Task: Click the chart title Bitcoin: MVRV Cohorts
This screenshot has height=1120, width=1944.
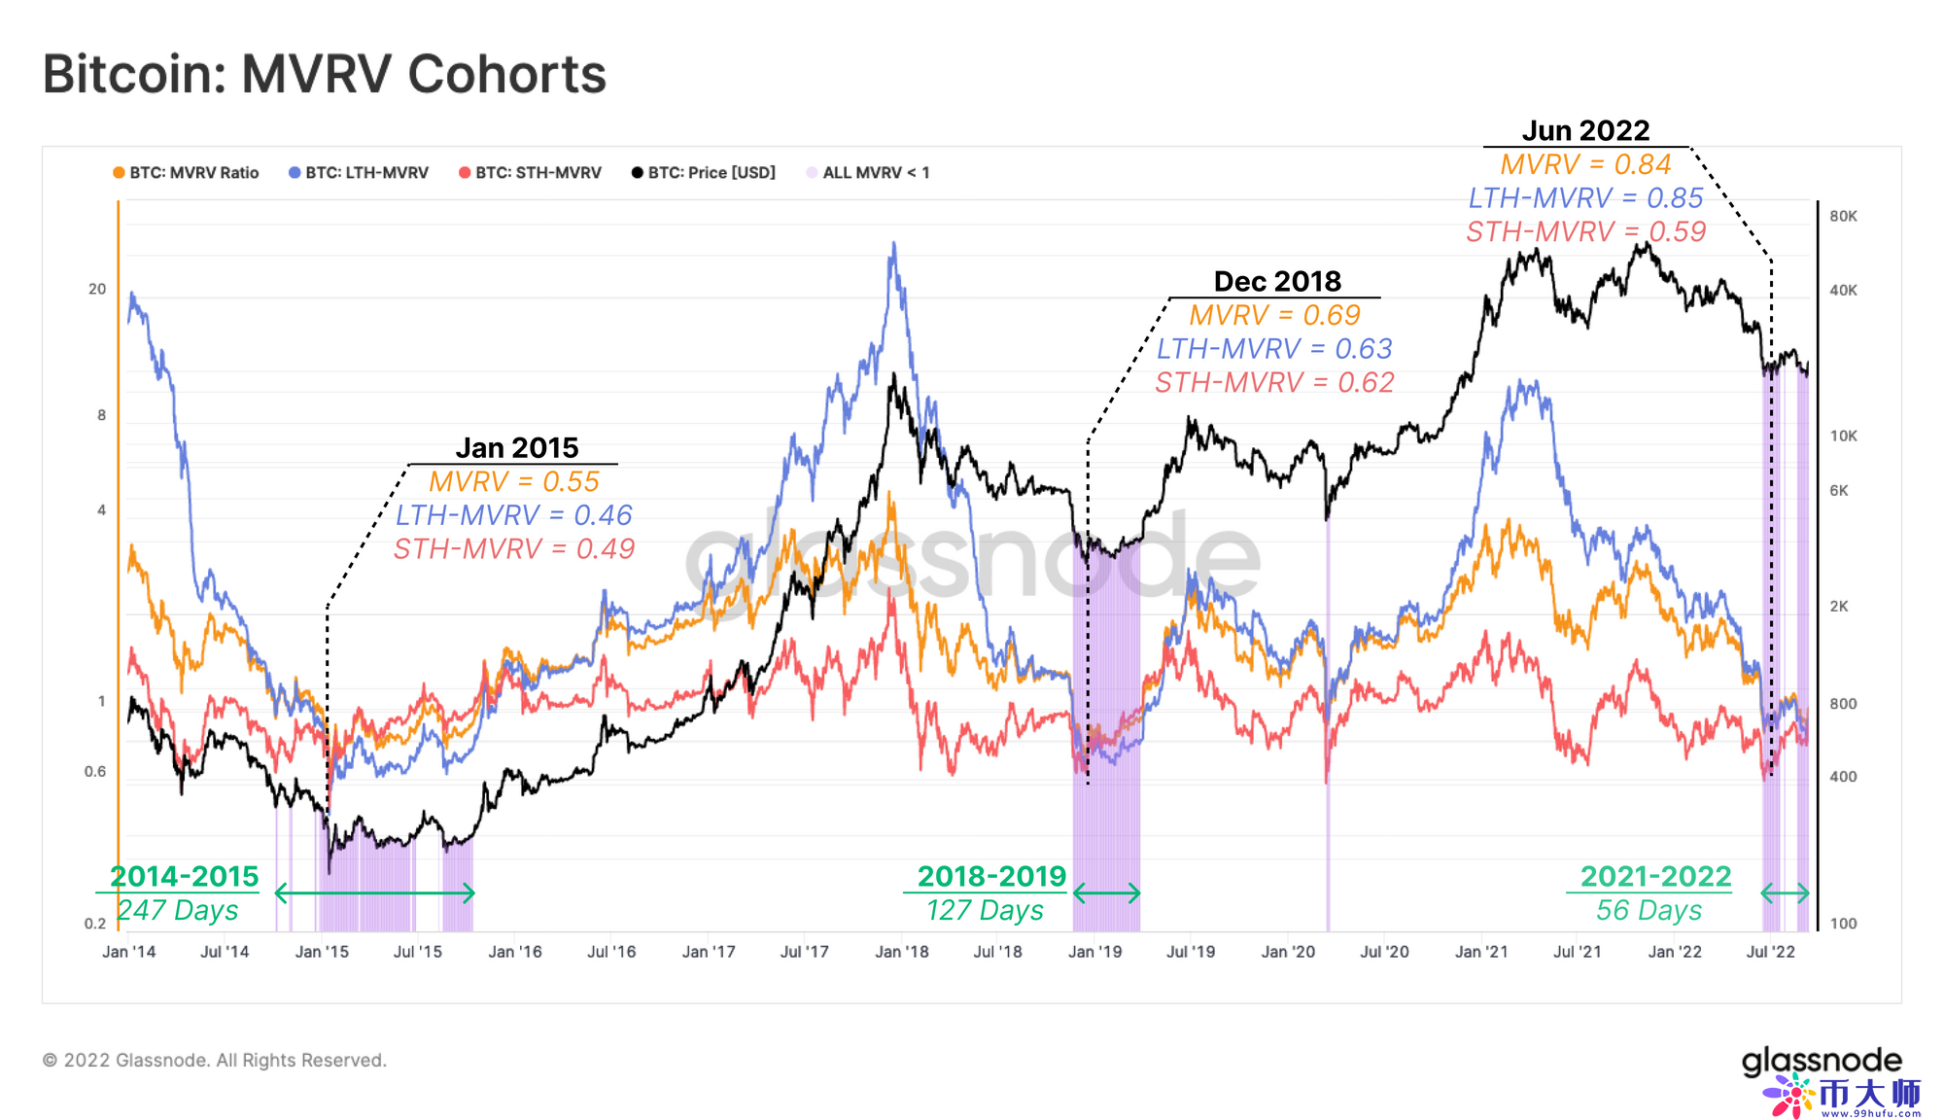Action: click(x=325, y=75)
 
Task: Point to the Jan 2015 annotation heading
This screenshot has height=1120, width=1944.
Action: click(x=517, y=447)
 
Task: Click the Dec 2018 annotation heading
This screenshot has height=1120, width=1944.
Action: click(x=1277, y=281)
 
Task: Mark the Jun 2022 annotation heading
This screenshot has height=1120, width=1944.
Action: click(x=1585, y=130)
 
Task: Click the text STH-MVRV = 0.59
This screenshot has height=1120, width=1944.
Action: click(x=1585, y=231)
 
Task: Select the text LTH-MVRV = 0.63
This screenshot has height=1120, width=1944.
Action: click(x=1274, y=348)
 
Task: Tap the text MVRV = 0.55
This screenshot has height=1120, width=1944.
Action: click(x=514, y=481)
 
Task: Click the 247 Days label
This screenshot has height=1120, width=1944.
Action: click(x=178, y=910)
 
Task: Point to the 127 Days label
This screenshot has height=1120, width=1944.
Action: click(x=985, y=910)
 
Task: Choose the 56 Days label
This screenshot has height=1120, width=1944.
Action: click(x=1649, y=910)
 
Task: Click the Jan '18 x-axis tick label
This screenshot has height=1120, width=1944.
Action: click(x=902, y=952)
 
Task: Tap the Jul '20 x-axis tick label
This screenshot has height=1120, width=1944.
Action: click(x=1384, y=952)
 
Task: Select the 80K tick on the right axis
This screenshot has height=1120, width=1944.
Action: click(x=1843, y=216)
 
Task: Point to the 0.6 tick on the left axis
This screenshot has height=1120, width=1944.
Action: click(x=95, y=772)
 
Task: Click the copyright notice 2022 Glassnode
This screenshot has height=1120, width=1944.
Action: click(x=215, y=1060)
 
